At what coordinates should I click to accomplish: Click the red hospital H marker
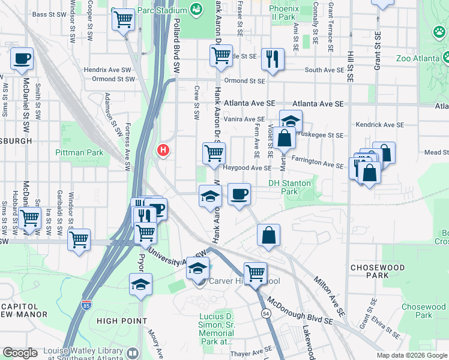(x=162, y=149)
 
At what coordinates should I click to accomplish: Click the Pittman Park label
(x=79, y=152)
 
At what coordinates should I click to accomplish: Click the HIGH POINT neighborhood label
(x=122, y=321)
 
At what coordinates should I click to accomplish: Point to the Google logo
(x=20, y=353)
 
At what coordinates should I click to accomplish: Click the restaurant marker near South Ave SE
(x=273, y=59)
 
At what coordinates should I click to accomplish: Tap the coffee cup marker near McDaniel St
(x=22, y=59)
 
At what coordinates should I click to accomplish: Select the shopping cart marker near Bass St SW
(x=124, y=19)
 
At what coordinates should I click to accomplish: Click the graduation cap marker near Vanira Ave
(x=291, y=121)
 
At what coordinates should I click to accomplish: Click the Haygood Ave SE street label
(x=248, y=169)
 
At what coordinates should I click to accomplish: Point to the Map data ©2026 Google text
(x=412, y=355)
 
